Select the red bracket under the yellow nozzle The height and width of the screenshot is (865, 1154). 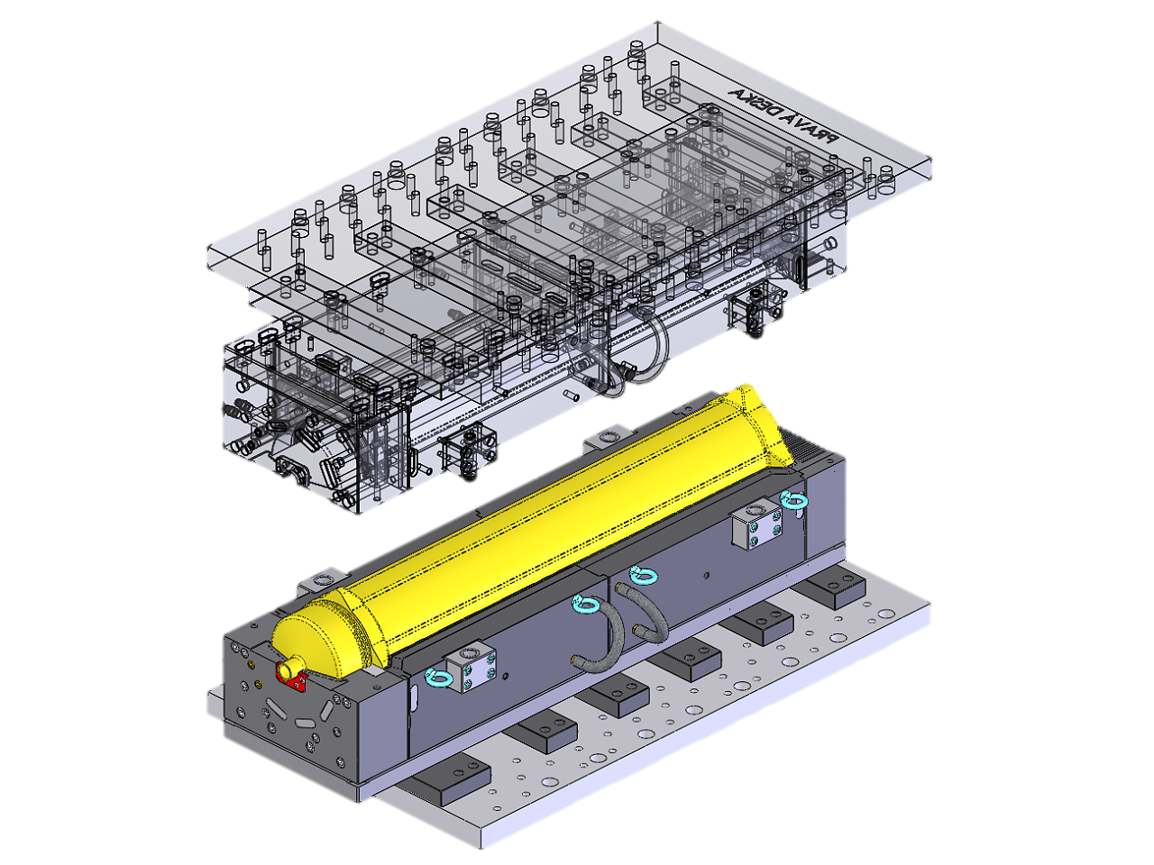coord(294,678)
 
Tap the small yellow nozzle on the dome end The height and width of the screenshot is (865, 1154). coord(286,669)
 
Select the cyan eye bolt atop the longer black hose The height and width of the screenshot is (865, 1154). coord(585,605)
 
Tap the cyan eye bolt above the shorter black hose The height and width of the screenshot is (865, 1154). coord(642,574)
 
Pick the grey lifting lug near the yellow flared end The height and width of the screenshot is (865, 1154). coord(600,439)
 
